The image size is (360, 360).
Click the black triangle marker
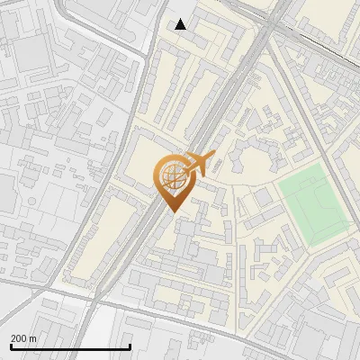coord(181,24)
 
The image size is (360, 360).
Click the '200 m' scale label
coord(24,338)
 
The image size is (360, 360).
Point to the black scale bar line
coord(70,346)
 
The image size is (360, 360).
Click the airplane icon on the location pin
coord(200,164)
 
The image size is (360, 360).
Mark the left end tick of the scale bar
coord(11,346)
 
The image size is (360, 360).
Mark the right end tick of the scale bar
coord(130,346)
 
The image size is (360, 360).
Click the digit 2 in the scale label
coord(13,338)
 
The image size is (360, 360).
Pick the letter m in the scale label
coord(34,338)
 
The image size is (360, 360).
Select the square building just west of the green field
coord(262,195)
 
